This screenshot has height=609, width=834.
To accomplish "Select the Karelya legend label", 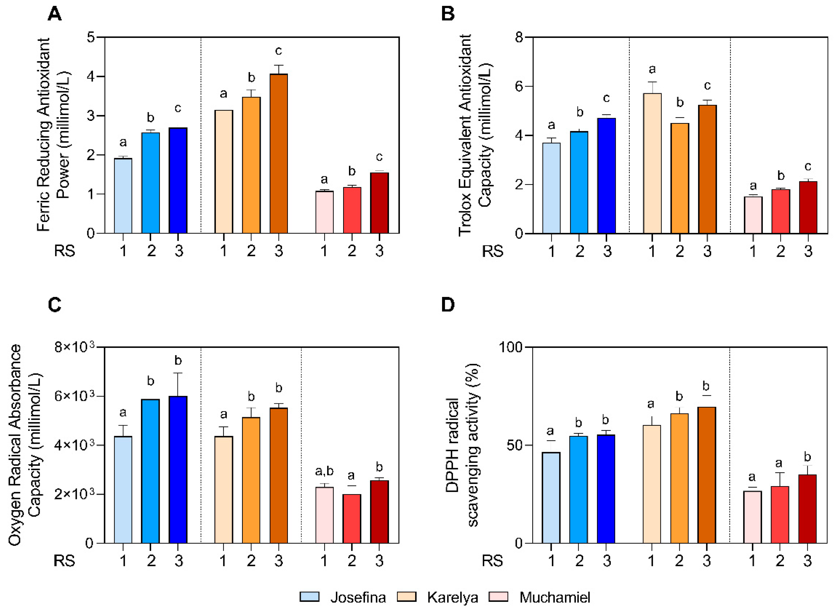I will pyautogui.click(x=452, y=597).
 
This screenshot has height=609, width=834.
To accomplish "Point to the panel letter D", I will pyautogui.click(x=448, y=305).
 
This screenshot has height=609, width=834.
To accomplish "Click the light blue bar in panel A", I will pyautogui.click(x=123, y=195).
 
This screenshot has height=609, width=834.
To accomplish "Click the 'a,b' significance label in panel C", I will pyautogui.click(x=324, y=471).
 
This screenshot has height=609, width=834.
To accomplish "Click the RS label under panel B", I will pyautogui.click(x=493, y=251).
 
